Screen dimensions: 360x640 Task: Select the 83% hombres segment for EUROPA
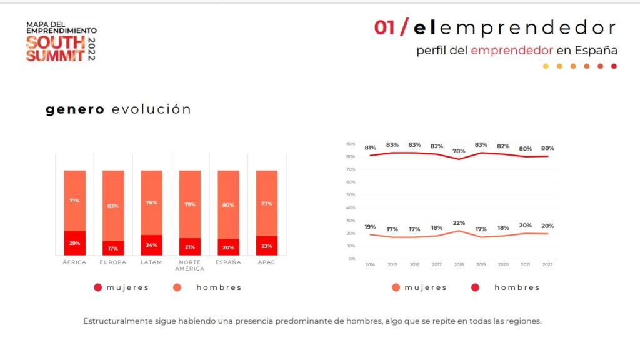[113, 206]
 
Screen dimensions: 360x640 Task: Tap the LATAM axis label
[151, 262]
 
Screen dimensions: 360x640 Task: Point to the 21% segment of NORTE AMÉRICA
[190, 247]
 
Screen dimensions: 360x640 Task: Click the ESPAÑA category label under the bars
[228, 262]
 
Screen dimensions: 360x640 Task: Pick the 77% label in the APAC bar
[266, 204]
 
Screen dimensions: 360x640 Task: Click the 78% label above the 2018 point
[459, 151]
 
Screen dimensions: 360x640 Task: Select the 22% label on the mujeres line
[459, 223]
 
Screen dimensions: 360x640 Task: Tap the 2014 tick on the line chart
[370, 265]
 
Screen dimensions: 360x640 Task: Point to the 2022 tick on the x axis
[547, 265]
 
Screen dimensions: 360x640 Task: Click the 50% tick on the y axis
[351, 195]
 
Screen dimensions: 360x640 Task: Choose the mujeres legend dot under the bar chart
[97, 287]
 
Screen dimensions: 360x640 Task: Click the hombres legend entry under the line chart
[516, 287]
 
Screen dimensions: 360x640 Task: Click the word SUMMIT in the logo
[55, 55]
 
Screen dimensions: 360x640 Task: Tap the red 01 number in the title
[384, 28]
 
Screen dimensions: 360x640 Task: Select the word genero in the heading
[75, 109]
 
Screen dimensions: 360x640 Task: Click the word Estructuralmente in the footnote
[117, 321]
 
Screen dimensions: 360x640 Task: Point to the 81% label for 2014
[370, 148]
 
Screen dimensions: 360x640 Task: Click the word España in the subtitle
[597, 50]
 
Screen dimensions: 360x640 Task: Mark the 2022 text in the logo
[92, 49]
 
